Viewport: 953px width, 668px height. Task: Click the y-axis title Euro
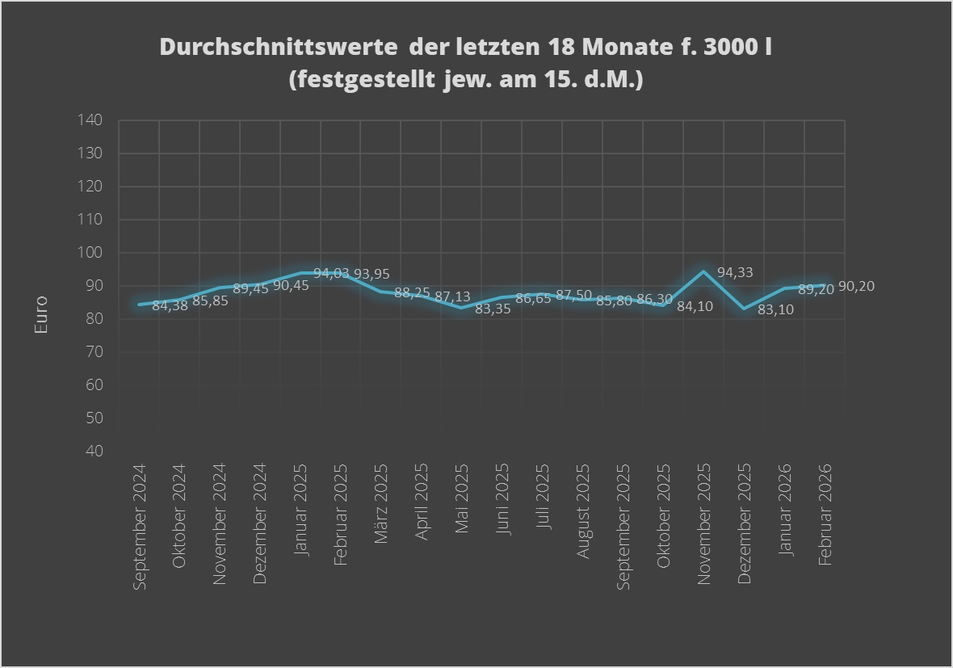point(41,316)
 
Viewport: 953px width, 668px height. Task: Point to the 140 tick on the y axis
point(90,120)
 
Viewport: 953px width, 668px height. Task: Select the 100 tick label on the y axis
point(90,253)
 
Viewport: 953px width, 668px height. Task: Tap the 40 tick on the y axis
point(94,451)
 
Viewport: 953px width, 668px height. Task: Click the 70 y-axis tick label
point(94,351)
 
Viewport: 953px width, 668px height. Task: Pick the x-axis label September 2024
point(139,527)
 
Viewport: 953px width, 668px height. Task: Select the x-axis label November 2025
point(703,523)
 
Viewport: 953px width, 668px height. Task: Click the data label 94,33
point(735,273)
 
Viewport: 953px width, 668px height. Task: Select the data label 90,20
point(856,287)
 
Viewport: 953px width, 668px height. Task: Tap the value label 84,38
point(170,306)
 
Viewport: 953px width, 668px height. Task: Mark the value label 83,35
point(493,309)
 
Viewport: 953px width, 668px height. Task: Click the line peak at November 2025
point(703,271)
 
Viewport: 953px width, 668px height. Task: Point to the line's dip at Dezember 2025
point(744,309)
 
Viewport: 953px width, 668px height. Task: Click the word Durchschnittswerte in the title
point(278,47)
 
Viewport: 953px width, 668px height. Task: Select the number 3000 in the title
point(730,47)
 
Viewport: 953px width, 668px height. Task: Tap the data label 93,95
point(372,274)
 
